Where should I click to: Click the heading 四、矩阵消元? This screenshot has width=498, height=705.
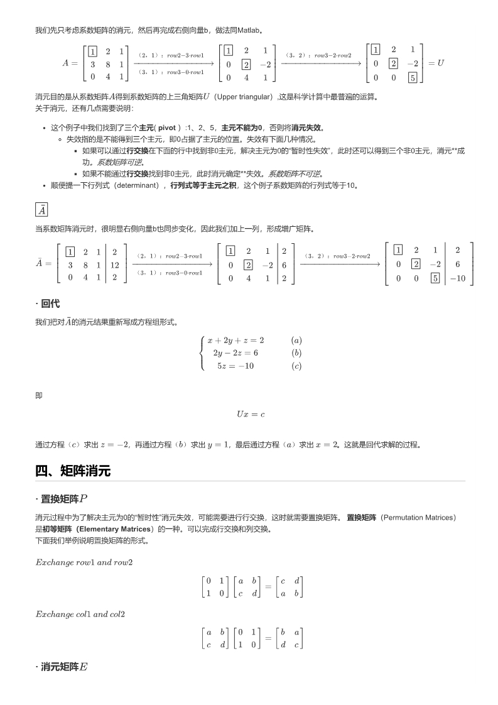(73, 471)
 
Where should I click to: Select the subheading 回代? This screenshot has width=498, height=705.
(50, 303)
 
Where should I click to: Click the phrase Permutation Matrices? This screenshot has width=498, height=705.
(417, 517)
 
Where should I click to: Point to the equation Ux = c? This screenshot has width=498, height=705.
(250, 414)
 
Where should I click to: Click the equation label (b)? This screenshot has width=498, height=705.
(296, 353)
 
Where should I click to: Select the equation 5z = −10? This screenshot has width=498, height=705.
(235, 366)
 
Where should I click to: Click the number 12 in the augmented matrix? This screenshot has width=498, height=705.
(114, 265)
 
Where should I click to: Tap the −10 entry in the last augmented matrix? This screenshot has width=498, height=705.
(458, 277)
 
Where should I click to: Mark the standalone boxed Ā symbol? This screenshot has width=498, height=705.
(41, 210)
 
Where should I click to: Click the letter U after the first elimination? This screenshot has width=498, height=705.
(440, 63)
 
